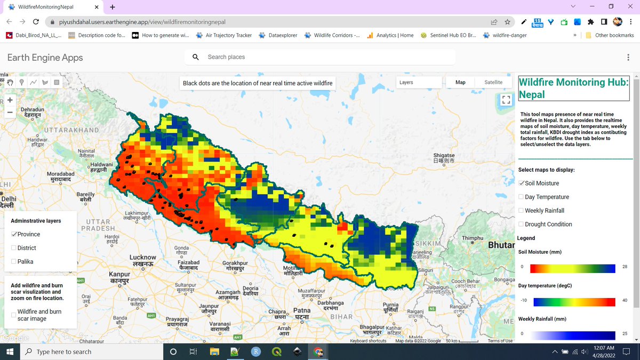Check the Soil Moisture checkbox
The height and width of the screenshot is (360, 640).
tap(522, 183)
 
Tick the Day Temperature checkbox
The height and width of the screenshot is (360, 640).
tap(522, 197)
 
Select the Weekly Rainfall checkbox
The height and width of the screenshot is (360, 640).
tap(522, 211)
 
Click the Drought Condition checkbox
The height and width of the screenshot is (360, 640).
tap(522, 225)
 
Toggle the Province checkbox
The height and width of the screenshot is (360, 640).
tap(14, 234)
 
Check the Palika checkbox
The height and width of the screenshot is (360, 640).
tap(14, 261)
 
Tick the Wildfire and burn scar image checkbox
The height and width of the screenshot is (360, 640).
tap(14, 315)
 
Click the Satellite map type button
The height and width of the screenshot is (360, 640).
tap(493, 82)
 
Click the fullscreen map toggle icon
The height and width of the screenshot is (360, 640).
tap(506, 100)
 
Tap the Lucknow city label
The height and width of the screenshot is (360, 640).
tap(143, 260)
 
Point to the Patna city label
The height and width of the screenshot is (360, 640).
tap(301, 313)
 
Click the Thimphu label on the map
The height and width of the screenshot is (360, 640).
tap(472, 238)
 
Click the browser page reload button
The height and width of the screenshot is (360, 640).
tap(36, 22)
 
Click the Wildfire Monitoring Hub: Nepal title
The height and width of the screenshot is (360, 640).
tap(574, 89)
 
